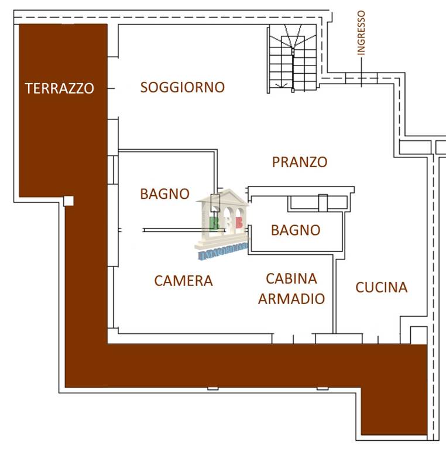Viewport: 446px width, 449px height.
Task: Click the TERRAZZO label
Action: click(x=59, y=88)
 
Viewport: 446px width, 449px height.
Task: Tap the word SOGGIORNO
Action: click(x=182, y=87)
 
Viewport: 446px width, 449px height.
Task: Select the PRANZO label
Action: click(x=300, y=162)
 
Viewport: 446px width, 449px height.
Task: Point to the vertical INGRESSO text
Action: click(x=361, y=33)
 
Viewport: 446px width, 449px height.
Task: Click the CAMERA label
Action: click(x=183, y=281)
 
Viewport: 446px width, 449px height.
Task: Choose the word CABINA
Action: click(x=291, y=279)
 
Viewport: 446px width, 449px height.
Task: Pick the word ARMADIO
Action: click(x=291, y=299)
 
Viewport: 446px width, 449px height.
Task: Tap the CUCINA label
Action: click(x=382, y=288)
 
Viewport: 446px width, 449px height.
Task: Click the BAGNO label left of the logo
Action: click(x=165, y=194)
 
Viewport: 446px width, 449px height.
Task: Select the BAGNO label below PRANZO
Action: click(x=296, y=230)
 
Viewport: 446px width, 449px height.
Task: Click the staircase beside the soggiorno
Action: click(x=293, y=58)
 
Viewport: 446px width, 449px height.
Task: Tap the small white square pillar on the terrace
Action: click(x=68, y=201)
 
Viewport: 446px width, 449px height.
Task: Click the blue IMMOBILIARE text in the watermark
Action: click(x=223, y=253)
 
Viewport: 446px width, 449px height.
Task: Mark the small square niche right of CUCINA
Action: click(x=418, y=335)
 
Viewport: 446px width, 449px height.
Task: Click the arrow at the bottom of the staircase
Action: click(x=281, y=85)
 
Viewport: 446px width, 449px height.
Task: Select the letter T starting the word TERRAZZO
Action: click(x=29, y=88)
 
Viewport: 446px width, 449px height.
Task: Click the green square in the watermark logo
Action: click(x=214, y=223)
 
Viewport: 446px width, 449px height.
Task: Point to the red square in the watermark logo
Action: click(x=239, y=223)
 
